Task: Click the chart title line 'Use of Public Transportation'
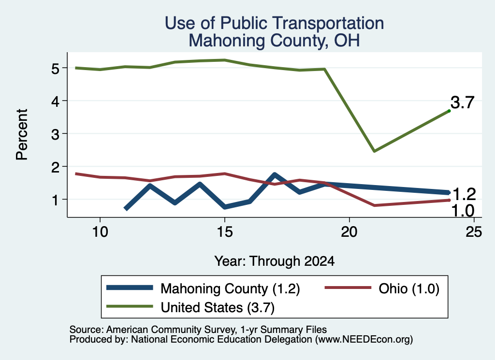tap(275, 23)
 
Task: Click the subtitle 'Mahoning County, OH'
tap(275, 41)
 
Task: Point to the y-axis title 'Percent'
tap(22, 134)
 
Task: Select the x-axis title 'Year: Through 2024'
tap(275, 261)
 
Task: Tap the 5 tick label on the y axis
tap(55, 68)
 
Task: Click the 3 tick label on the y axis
tap(55, 134)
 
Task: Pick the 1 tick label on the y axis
tap(56, 200)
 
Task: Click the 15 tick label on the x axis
tap(225, 232)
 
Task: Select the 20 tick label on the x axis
tap(349, 232)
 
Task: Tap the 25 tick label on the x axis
tap(474, 232)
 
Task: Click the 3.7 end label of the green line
tap(462, 102)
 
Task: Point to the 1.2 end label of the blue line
tap(464, 194)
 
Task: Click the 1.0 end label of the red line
tap(463, 211)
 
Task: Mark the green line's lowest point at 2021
tap(374, 151)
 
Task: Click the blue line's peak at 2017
tap(275, 175)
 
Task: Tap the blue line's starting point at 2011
tap(126, 209)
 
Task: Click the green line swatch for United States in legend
tap(130, 306)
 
